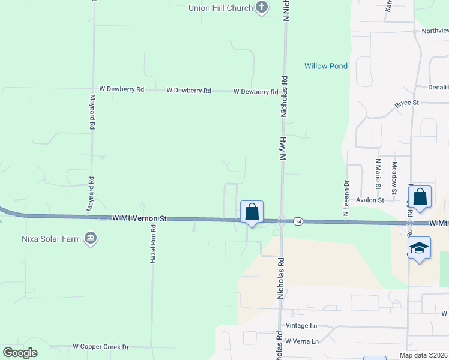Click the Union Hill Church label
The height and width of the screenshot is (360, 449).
point(220,8)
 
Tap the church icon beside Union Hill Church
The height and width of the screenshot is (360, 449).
point(261,8)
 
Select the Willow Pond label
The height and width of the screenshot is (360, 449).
point(326,66)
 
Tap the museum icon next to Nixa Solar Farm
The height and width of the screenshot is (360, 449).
point(91,239)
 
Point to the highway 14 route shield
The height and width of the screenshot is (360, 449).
point(298,222)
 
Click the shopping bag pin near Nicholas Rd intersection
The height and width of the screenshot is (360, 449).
point(252,212)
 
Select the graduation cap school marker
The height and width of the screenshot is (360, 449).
point(419,248)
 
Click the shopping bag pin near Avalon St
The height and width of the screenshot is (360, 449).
point(420,197)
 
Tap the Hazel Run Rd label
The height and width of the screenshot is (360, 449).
point(154,244)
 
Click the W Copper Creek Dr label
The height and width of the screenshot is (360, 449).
point(101,347)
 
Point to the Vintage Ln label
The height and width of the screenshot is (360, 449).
point(301,326)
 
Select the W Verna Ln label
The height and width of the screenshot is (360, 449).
point(302,341)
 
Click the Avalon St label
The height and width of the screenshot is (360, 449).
point(370,200)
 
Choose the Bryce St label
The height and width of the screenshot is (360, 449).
point(406,103)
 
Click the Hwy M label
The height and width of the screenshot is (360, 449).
point(281,146)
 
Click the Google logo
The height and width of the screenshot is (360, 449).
point(20,353)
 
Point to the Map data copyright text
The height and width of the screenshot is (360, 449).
point(424,355)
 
